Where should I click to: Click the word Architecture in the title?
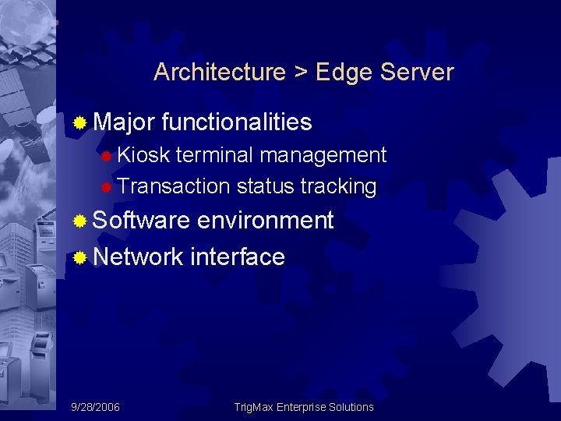[220, 73]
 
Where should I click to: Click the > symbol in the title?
[301, 73]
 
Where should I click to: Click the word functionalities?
[238, 122]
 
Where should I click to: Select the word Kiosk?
[143, 155]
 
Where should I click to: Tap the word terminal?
[215, 155]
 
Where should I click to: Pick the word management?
[323, 156]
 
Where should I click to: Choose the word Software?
[141, 221]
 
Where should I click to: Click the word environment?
[265, 221]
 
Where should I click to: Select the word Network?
[138, 256]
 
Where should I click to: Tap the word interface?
[237, 256]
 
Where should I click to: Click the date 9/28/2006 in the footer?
[95, 407]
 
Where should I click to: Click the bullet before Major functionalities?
[79, 123]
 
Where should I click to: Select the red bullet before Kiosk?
[107, 156]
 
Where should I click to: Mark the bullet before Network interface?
[79, 257]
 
